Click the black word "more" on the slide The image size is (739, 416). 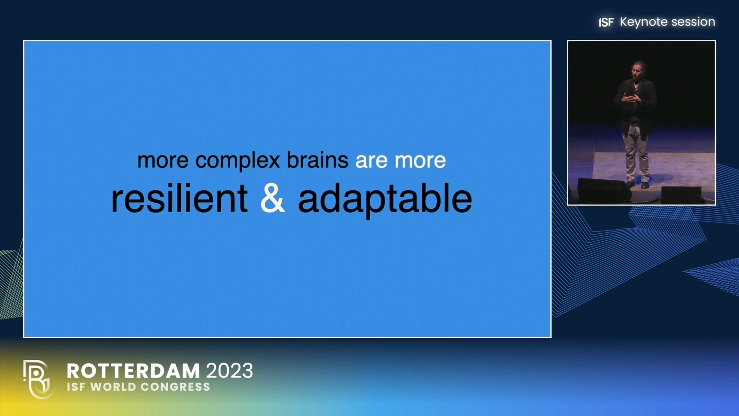coord(163,160)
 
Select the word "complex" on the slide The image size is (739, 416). coord(238,161)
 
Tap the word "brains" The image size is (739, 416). coord(318,160)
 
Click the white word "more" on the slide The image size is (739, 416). coord(420,161)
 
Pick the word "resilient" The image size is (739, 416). coord(179,198)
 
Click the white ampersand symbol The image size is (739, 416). coord(273,198)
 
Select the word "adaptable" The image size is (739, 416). coord(385,200)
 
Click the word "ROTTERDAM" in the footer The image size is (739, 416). coord(133,371)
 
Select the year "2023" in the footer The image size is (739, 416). coord(230,371)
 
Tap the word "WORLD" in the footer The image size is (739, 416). coord(113,387)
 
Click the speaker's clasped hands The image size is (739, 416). coord(631,97)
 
